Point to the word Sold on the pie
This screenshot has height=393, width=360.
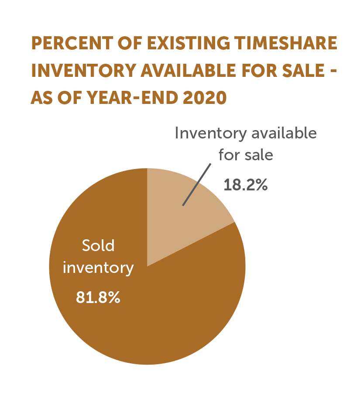98,245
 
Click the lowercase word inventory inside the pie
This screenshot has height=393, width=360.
98,267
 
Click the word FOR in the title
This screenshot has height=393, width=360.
258,71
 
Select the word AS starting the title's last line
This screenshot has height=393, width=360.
42,97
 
